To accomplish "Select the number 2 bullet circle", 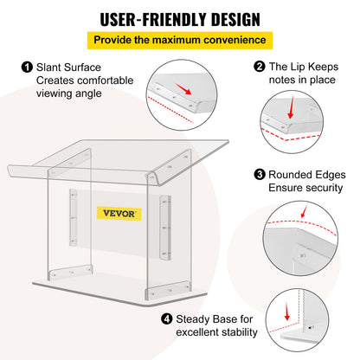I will click(259, 67).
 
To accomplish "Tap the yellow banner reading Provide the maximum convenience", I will click(180, 39).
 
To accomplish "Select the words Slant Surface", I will click(67, 67).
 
